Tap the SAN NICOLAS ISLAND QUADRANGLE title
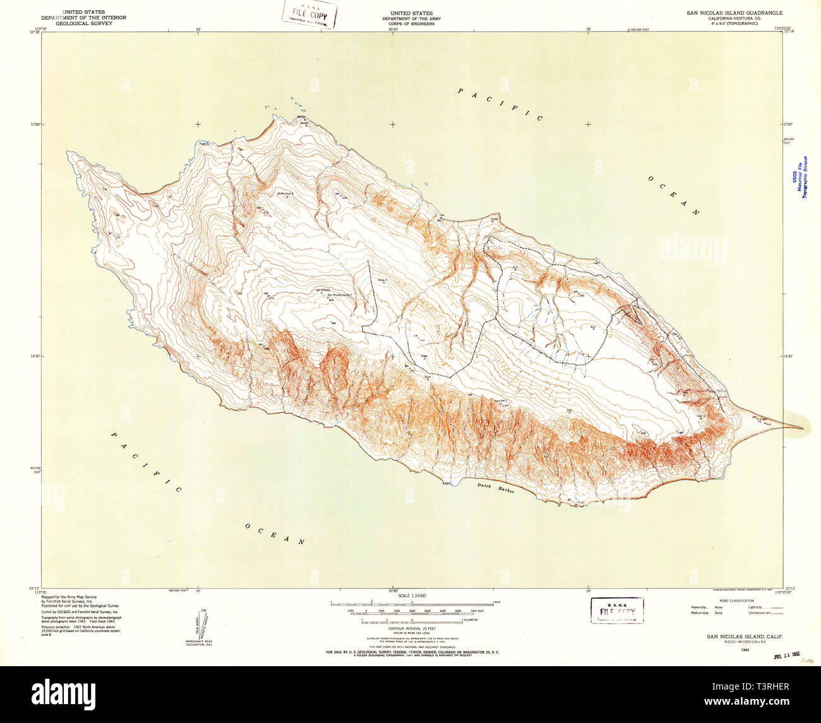734,13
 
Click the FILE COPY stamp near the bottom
617,611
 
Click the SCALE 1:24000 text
410,595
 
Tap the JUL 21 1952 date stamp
791,656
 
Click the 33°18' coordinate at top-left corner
33,33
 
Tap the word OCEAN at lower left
275,534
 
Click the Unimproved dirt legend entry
765,613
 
